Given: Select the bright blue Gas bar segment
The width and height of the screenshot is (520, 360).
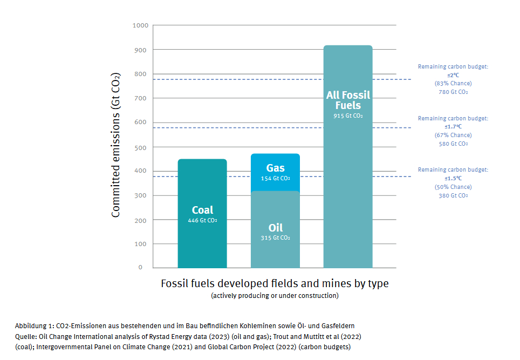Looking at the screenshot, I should [275, 162].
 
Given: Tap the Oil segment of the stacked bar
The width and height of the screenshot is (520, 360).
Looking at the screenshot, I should [275, 248].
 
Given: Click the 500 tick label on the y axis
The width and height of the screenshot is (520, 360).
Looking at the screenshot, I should [140, 147].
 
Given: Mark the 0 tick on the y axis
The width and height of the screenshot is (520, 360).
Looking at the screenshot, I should [140, 267].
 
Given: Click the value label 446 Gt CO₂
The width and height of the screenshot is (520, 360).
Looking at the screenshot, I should [202, 220].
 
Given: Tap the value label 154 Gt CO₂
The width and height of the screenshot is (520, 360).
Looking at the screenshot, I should [275, 178].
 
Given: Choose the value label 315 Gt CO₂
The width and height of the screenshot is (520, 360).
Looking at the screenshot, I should [275, 237].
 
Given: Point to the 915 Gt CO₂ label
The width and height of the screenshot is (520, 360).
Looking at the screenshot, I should [348, 116].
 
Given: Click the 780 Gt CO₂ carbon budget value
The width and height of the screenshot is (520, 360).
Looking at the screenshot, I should [453, 92].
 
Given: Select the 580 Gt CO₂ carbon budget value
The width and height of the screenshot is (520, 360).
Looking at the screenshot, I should [453, 144].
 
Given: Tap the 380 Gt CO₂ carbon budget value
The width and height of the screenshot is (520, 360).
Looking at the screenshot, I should [453, 195].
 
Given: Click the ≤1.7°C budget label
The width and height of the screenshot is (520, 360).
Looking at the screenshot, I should [453, 127].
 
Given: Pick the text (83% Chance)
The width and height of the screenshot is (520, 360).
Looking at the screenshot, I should [453, 84].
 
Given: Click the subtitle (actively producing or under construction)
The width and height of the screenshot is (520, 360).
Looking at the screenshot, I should [275, 296].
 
